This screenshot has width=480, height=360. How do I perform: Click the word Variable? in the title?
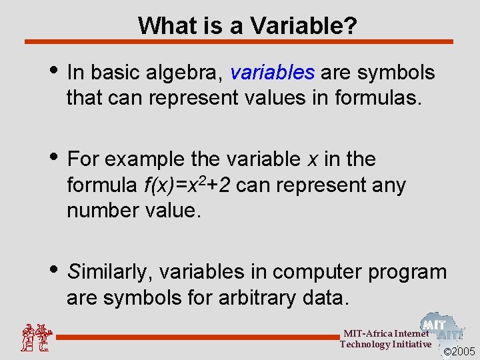[303, 26]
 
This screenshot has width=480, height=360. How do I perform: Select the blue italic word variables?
[272, 72]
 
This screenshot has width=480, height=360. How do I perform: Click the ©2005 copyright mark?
[460, 351]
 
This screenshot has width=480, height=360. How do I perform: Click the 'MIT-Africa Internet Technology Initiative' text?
[385, 339]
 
